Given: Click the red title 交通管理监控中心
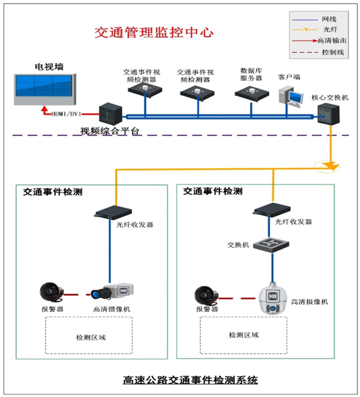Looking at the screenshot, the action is [x=154, y=32].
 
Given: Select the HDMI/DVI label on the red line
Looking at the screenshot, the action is [x=66, y=114].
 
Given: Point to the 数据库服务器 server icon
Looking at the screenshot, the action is [x=252, y=93].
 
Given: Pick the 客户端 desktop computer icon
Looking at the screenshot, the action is [x=291, y=97].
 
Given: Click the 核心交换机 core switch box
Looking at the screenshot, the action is [x=329, y=114].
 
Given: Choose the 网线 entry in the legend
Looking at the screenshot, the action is [x=329, y=19].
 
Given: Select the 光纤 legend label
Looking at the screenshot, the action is [x=330, y=30].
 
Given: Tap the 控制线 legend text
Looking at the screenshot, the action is [x=332, y=52].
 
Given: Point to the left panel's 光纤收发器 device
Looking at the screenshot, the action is [x=113, y=212].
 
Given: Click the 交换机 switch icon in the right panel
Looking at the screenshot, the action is [x=271, y=245].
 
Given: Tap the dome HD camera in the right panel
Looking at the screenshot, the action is [x=273, y=299].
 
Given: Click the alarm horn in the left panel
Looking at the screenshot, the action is [x=51, y=292].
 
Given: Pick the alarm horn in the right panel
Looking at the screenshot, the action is [x=207, y=296].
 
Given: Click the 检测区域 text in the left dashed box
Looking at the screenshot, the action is [x=91, y=337].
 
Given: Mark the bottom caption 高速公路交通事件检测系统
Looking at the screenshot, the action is [x=191, y=380].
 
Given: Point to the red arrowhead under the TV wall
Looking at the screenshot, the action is [x=44, y=109].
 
